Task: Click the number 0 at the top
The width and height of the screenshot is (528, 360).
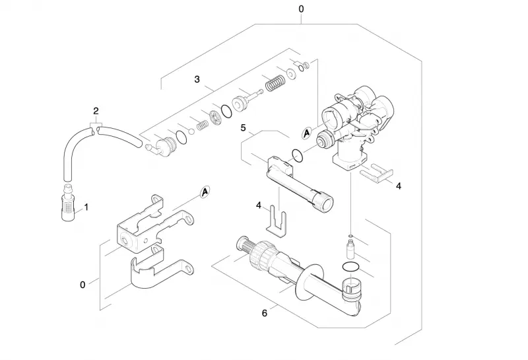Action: point(301,9)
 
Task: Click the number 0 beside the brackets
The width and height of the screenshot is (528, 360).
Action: point(82,285)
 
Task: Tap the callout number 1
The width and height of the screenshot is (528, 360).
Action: point(86,207)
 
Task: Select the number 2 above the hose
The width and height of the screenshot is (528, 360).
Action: point(96,111)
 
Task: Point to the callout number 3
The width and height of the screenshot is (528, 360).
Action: point(197,79)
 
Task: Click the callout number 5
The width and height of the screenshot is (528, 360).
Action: point(243,127)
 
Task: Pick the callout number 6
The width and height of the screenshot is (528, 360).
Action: point(265,313)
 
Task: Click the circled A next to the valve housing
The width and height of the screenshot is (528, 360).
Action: point(306,133)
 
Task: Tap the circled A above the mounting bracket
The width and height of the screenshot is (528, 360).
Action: point(205,192)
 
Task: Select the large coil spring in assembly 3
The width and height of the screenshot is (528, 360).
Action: point(275,83)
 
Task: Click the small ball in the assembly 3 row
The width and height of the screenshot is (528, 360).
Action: point(191,131)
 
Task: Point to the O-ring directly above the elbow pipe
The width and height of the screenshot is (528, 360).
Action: point(350,267)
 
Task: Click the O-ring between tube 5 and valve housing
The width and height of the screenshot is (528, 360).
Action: point(298,155)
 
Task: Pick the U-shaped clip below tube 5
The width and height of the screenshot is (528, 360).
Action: point(277,221)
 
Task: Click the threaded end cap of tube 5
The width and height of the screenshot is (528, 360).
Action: point(324,201)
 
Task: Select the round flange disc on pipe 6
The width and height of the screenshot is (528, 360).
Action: point(309,283)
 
